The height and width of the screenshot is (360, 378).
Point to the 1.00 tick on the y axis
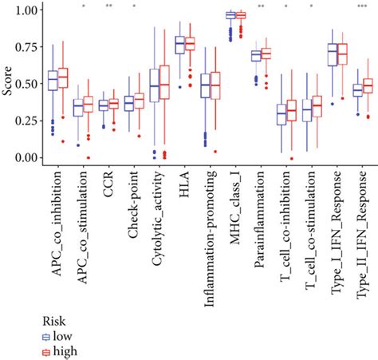(26, 10)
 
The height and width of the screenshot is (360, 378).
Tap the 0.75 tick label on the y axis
(26, 47)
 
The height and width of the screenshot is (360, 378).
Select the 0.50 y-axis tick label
(26, 84)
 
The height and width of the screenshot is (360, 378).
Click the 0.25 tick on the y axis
(26, 121)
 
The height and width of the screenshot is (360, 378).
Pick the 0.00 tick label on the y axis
(26, 157)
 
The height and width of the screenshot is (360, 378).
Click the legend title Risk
(53, 319)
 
